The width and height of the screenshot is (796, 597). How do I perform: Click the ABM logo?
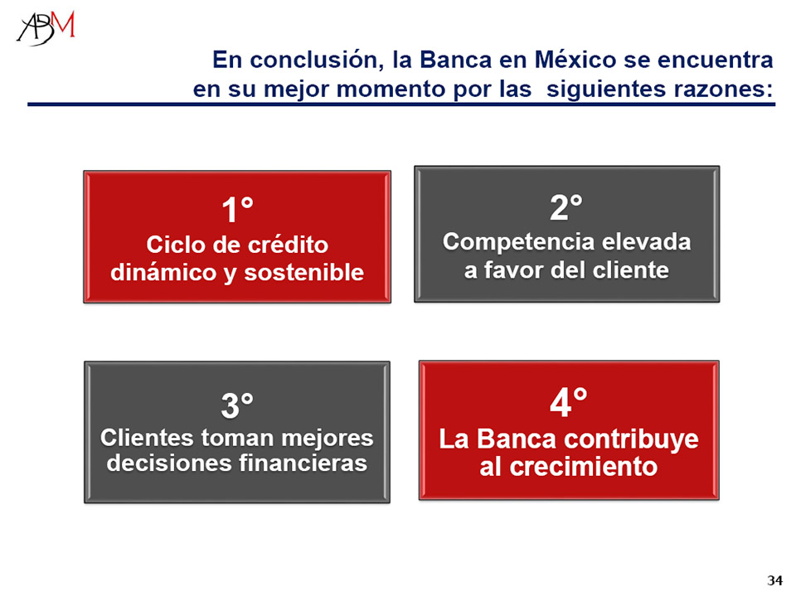tap(46, 28)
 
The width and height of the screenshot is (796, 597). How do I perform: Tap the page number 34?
tap(774, 580)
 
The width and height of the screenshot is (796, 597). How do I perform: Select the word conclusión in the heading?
tap(316, 60)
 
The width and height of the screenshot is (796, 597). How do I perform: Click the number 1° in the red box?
tap(237, 210)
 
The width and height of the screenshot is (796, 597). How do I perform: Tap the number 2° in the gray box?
tap(566, 207)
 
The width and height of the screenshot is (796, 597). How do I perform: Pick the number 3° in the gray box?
tap(237, 405)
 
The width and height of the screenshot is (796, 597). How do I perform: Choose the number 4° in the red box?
tap(569, 403)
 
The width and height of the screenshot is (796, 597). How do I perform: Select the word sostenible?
tap(303, 273)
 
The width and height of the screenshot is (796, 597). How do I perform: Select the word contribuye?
tap(630, 439)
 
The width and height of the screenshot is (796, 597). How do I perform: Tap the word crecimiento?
tap(583, 467)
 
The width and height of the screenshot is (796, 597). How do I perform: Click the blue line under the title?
tap(401, 104)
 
